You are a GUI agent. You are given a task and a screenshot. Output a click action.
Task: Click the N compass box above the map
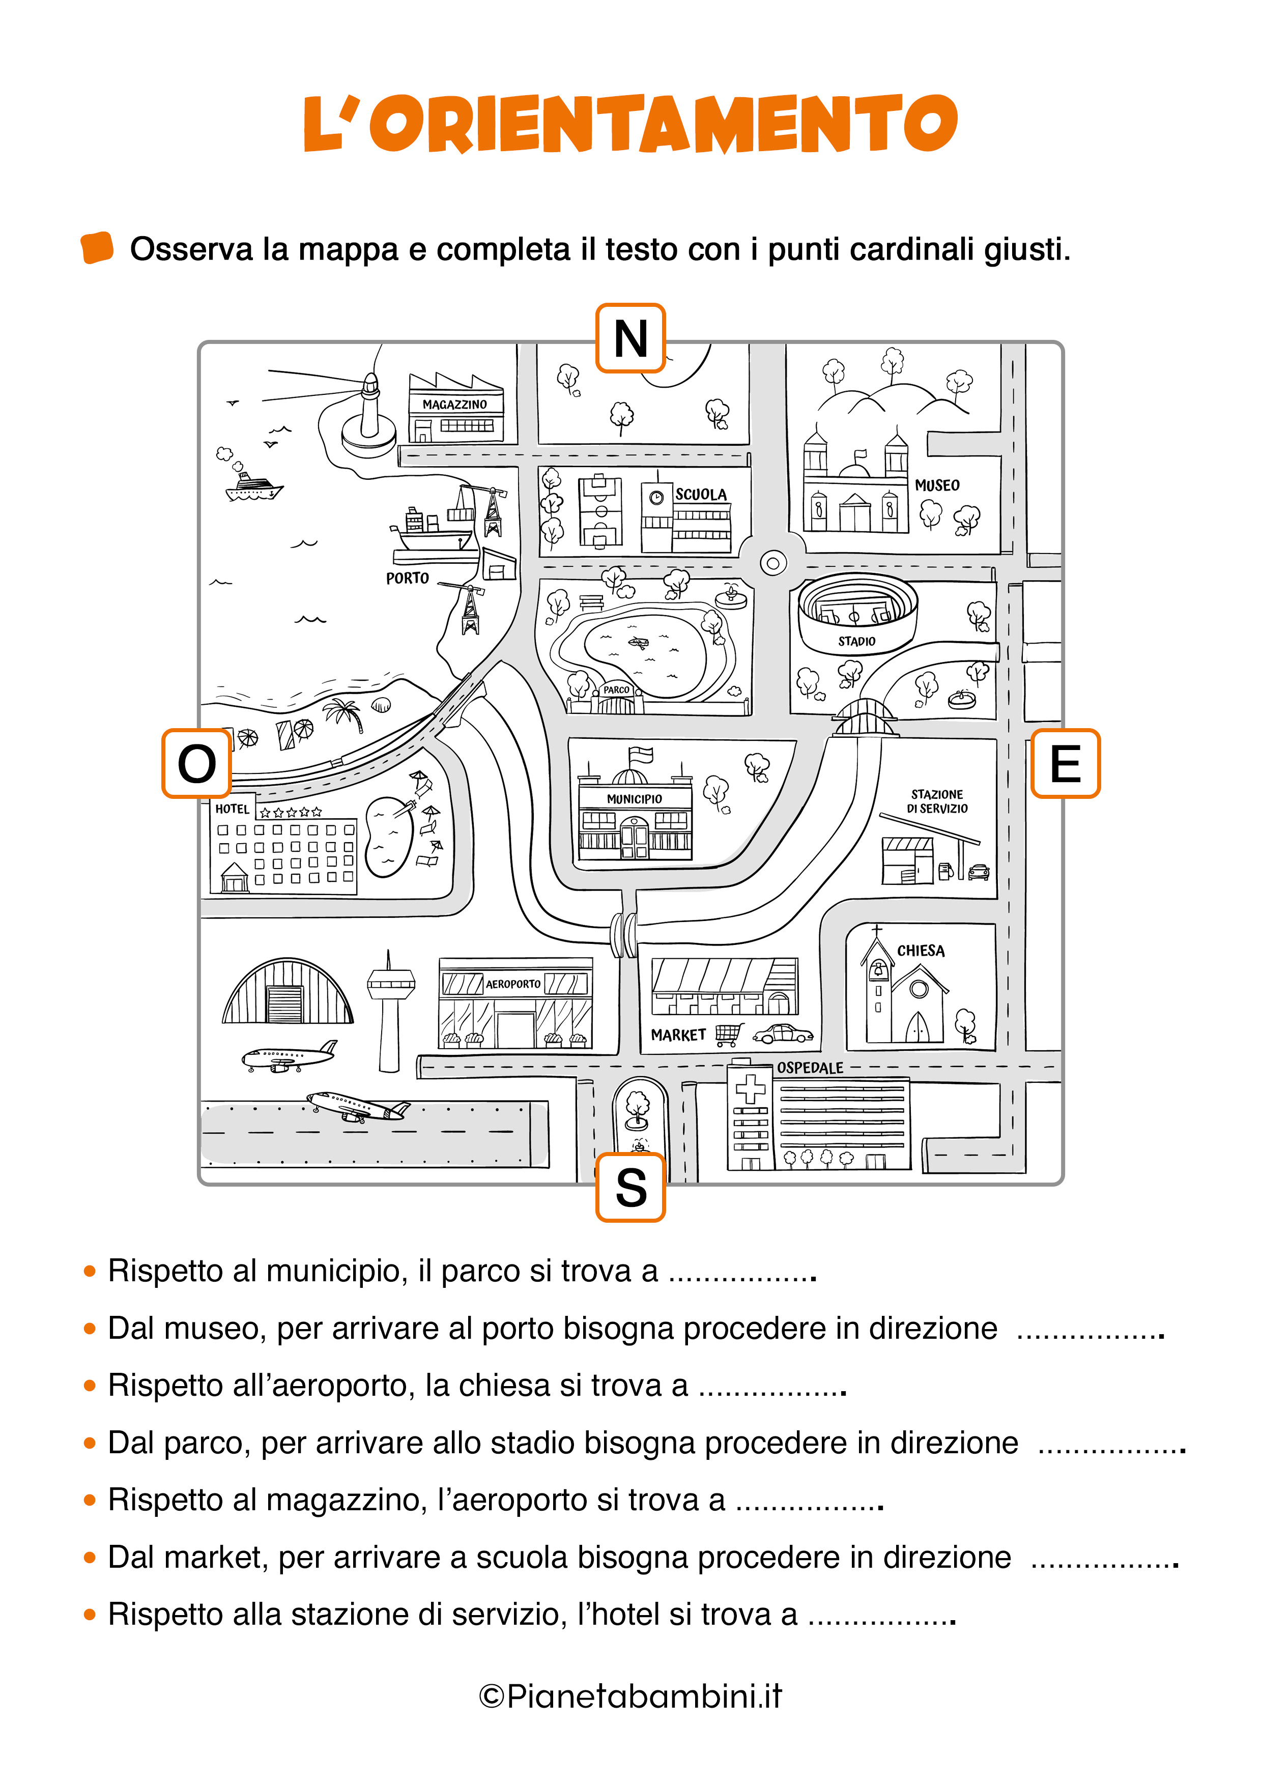[x=630, y=338]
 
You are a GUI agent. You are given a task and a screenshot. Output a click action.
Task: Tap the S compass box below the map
[x=630, y=1187]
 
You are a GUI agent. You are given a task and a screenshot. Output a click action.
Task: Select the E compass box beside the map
[x=1065, y=763]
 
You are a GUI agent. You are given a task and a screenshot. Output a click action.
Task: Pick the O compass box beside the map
[x=197, y=763]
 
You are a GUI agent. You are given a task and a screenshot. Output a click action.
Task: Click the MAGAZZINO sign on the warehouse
[x=455, y=404]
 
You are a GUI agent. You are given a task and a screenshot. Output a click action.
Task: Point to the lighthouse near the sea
[x=370, y=412]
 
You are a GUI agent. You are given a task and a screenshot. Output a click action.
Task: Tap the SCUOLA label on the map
[x=701, y=495]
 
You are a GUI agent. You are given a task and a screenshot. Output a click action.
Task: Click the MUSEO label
[x=937, y=485]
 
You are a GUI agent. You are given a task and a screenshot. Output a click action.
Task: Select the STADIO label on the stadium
[x=857, y=641]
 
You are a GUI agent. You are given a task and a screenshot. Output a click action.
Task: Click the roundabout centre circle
[x=773, y=563]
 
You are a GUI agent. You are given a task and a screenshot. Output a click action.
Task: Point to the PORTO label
[x=408, y=579]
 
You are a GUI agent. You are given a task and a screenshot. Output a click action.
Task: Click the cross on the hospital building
[x=751, y=1088]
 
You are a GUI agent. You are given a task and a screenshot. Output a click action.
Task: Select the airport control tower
[x=390, y=1011]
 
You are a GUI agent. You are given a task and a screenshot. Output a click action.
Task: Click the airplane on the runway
[x=358, y=1106]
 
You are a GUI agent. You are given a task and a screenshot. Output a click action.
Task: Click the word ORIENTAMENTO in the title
[x=663, y=124]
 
